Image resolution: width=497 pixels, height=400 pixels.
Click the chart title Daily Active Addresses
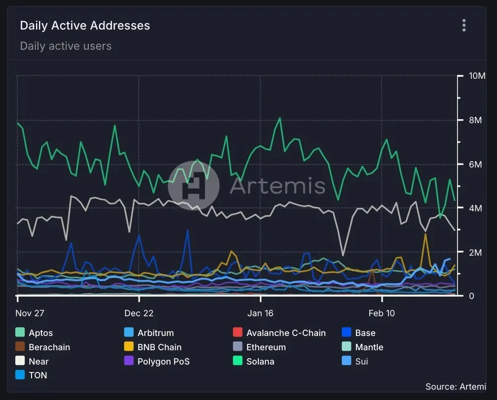85,26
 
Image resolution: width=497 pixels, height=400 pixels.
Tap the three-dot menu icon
464,25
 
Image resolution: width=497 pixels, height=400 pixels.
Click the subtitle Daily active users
66,46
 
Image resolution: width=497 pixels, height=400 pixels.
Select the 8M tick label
476,120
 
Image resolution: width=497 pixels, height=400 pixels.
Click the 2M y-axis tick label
476,252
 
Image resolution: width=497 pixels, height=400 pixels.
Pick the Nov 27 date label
30,313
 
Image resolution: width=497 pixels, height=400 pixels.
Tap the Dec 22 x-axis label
139,313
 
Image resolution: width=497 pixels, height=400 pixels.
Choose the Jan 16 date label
260,313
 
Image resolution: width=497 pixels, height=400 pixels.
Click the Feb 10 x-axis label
382,313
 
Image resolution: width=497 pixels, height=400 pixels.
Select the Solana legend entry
260,362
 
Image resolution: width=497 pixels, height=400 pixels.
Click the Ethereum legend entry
266,347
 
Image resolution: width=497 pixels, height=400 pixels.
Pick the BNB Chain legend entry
159,347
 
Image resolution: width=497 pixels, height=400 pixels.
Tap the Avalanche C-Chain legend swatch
238,333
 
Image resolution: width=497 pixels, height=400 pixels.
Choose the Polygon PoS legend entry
163,362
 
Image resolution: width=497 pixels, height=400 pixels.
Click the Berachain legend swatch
20,347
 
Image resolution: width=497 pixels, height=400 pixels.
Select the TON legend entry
38,375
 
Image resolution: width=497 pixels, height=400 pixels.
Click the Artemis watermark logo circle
194,186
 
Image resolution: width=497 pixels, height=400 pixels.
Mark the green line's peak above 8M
280,118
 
